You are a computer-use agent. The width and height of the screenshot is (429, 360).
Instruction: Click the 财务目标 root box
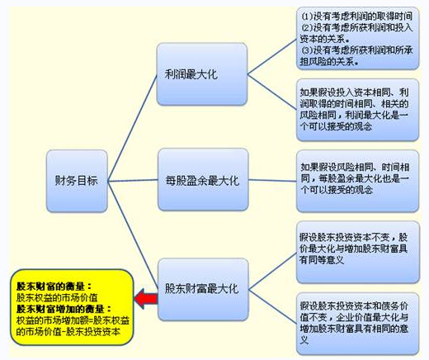[77, 181]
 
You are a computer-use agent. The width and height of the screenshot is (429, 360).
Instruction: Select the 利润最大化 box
[202, 74]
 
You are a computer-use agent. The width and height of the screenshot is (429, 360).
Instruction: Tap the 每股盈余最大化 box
[203, 180]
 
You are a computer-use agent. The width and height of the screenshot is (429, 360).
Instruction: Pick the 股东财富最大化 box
[203, 289]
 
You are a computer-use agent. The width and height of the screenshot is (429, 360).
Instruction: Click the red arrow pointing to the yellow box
[146, 299]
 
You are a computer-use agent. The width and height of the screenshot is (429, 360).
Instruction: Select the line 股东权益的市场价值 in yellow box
[57, 297]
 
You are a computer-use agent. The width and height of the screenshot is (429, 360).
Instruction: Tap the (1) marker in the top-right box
[308, 17]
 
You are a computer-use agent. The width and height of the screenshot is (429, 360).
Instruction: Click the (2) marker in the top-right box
[308, 27]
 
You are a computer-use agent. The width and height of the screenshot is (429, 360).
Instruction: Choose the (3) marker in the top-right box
[308, 50]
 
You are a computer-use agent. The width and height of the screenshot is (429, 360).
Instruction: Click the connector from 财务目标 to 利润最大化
[132, 128]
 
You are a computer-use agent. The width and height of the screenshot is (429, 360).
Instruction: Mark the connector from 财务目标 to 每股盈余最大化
[133, 181]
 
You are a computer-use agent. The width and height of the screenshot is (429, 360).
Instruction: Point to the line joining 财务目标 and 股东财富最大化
[133, 234]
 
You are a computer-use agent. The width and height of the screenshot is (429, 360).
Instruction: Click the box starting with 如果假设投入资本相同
[357, 110]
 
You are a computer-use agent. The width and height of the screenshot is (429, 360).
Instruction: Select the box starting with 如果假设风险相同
[357, 181]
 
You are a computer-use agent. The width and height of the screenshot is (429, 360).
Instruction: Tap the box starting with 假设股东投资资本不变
[358, 252]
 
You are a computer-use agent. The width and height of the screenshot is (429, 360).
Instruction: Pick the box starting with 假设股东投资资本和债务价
[358, 324]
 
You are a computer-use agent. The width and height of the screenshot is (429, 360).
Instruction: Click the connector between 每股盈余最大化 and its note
[272, 181]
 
